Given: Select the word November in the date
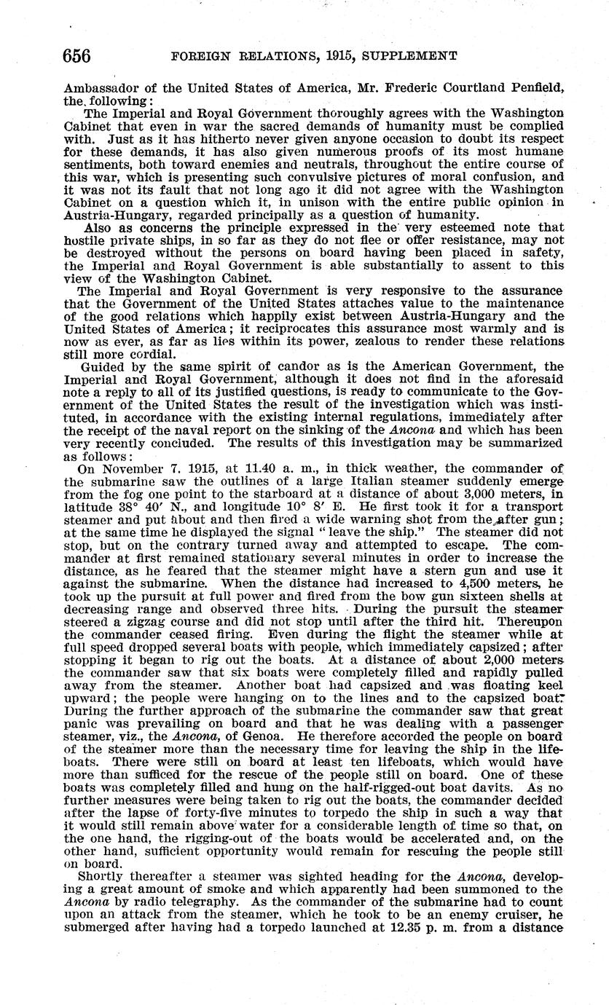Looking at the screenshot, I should pos(134,470).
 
